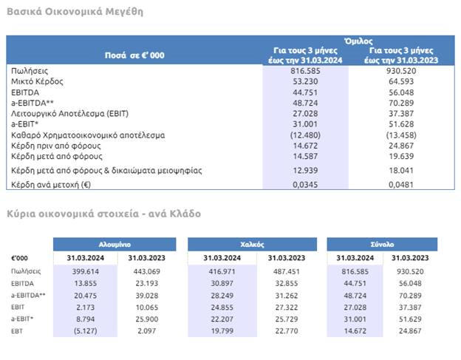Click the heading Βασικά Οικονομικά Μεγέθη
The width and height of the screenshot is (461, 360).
75,12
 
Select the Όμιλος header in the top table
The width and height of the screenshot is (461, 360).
358,41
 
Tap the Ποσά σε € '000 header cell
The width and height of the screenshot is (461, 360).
134,55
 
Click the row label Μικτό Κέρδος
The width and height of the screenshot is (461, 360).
37,79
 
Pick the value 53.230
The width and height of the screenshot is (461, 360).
305,79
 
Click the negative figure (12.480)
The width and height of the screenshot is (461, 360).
305,136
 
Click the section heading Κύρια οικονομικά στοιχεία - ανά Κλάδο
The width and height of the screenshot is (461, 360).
103,214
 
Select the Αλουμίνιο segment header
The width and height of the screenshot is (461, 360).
115,244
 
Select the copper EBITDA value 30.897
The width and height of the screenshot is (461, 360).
222,284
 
